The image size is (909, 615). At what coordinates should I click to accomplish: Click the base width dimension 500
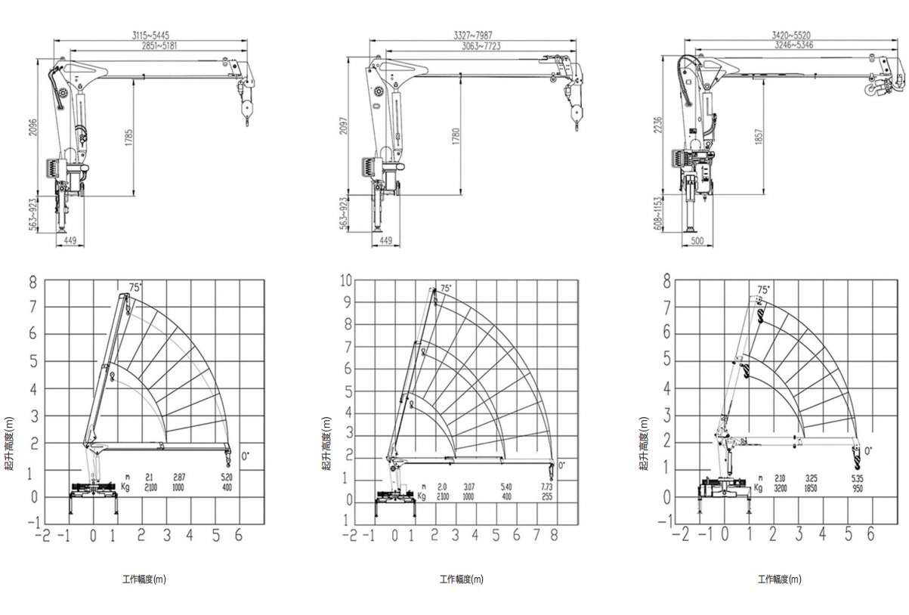[x=697, y=242]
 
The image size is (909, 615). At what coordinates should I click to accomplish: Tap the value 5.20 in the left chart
[x=226, y=477]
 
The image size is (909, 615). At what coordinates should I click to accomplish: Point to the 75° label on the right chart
[x=765, y=289]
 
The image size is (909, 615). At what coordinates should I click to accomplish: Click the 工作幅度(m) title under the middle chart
[x=461, y=579]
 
